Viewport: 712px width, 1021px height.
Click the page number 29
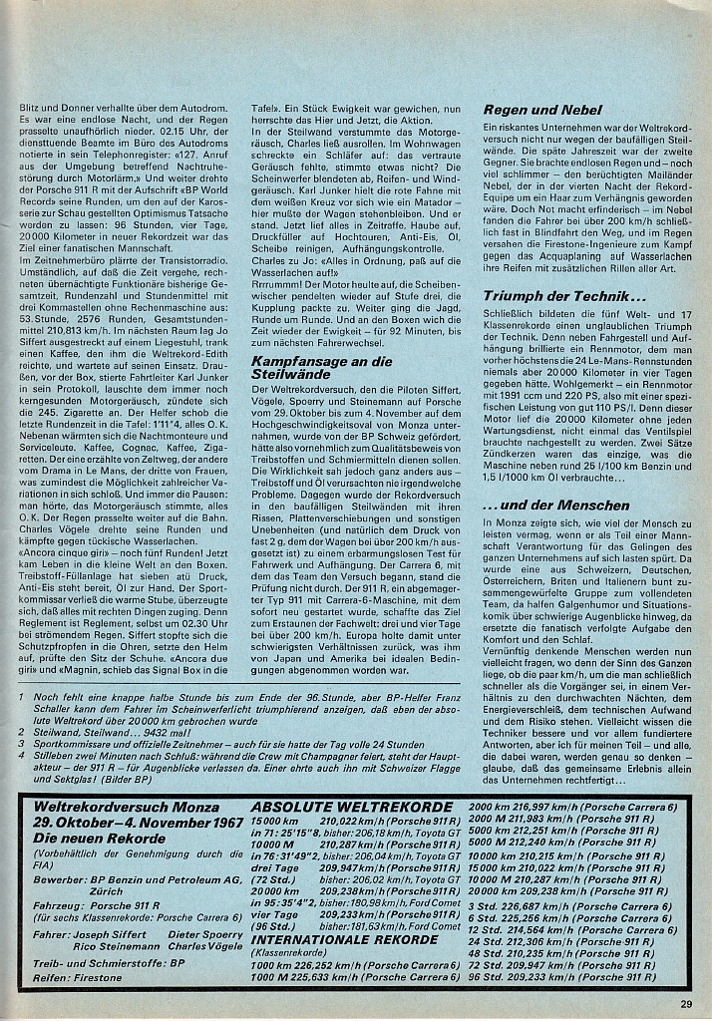coord(687,1004)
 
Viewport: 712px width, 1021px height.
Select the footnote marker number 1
coord(22,698)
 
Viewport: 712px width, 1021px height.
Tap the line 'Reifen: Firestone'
coord(78,977)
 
